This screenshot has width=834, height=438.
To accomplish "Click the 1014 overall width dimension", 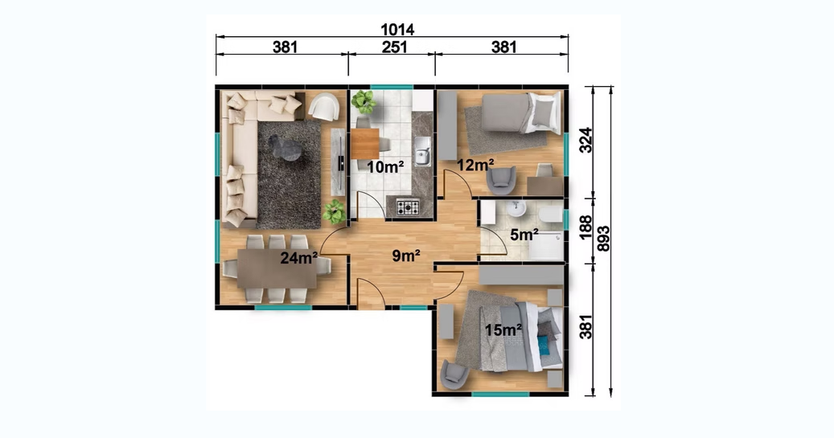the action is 397,29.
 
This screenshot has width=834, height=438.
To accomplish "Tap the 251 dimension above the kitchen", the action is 395,47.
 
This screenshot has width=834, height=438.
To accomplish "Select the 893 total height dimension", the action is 603,239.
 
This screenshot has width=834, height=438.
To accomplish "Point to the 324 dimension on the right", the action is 585,141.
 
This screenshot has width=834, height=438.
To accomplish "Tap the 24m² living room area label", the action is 299,258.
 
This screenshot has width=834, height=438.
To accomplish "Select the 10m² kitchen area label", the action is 385,167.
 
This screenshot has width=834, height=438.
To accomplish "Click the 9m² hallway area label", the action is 406,256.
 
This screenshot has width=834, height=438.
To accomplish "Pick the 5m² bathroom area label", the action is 524,235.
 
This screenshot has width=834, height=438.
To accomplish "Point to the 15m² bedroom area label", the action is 503,330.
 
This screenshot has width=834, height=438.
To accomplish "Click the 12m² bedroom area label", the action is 475,166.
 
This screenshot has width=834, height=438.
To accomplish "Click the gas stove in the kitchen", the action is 408,207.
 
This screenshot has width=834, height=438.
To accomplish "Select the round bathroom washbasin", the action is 516,209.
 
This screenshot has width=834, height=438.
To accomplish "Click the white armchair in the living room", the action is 324,106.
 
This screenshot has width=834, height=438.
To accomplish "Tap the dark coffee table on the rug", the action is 285,147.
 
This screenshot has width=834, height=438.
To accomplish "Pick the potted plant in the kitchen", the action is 364,101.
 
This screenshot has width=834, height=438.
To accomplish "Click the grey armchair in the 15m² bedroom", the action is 454,374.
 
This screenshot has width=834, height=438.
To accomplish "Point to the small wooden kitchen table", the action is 365,144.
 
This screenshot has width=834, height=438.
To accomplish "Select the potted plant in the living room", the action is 334,211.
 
